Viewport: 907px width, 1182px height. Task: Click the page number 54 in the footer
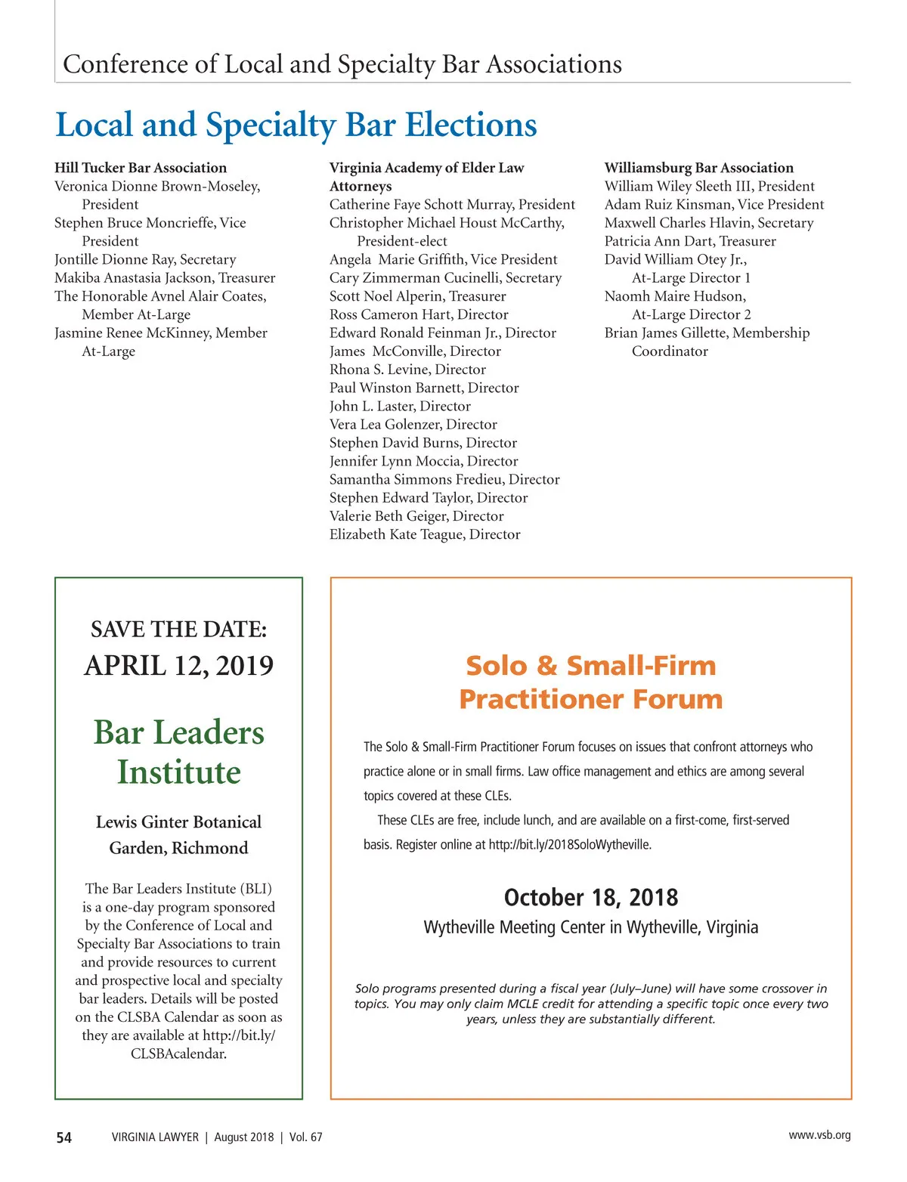pos(64,1137)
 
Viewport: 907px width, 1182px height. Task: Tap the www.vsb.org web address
pos(819,1135)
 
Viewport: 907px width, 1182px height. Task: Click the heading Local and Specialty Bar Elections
pos(296,125)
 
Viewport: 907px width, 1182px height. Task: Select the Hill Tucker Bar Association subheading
pos(141,168)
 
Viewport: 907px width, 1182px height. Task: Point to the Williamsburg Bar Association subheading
pos(698,168)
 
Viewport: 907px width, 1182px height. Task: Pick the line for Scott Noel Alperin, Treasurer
pos(417,296)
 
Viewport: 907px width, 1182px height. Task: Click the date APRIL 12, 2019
pos(178,666)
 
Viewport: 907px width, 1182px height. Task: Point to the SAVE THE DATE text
pos(178,630)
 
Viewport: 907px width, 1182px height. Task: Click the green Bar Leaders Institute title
pos(178,752)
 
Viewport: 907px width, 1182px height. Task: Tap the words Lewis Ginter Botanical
pos(178,822)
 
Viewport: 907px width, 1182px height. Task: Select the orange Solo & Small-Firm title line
pos(590,666)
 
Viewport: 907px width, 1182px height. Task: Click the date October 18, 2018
pos(590,898)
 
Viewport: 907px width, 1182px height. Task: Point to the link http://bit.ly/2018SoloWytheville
pos(570,845)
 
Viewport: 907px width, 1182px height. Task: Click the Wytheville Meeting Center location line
pos(590,927)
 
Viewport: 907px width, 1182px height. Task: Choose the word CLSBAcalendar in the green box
pos(178,1054)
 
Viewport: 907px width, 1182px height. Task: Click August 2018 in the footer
pos(243,1137)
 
